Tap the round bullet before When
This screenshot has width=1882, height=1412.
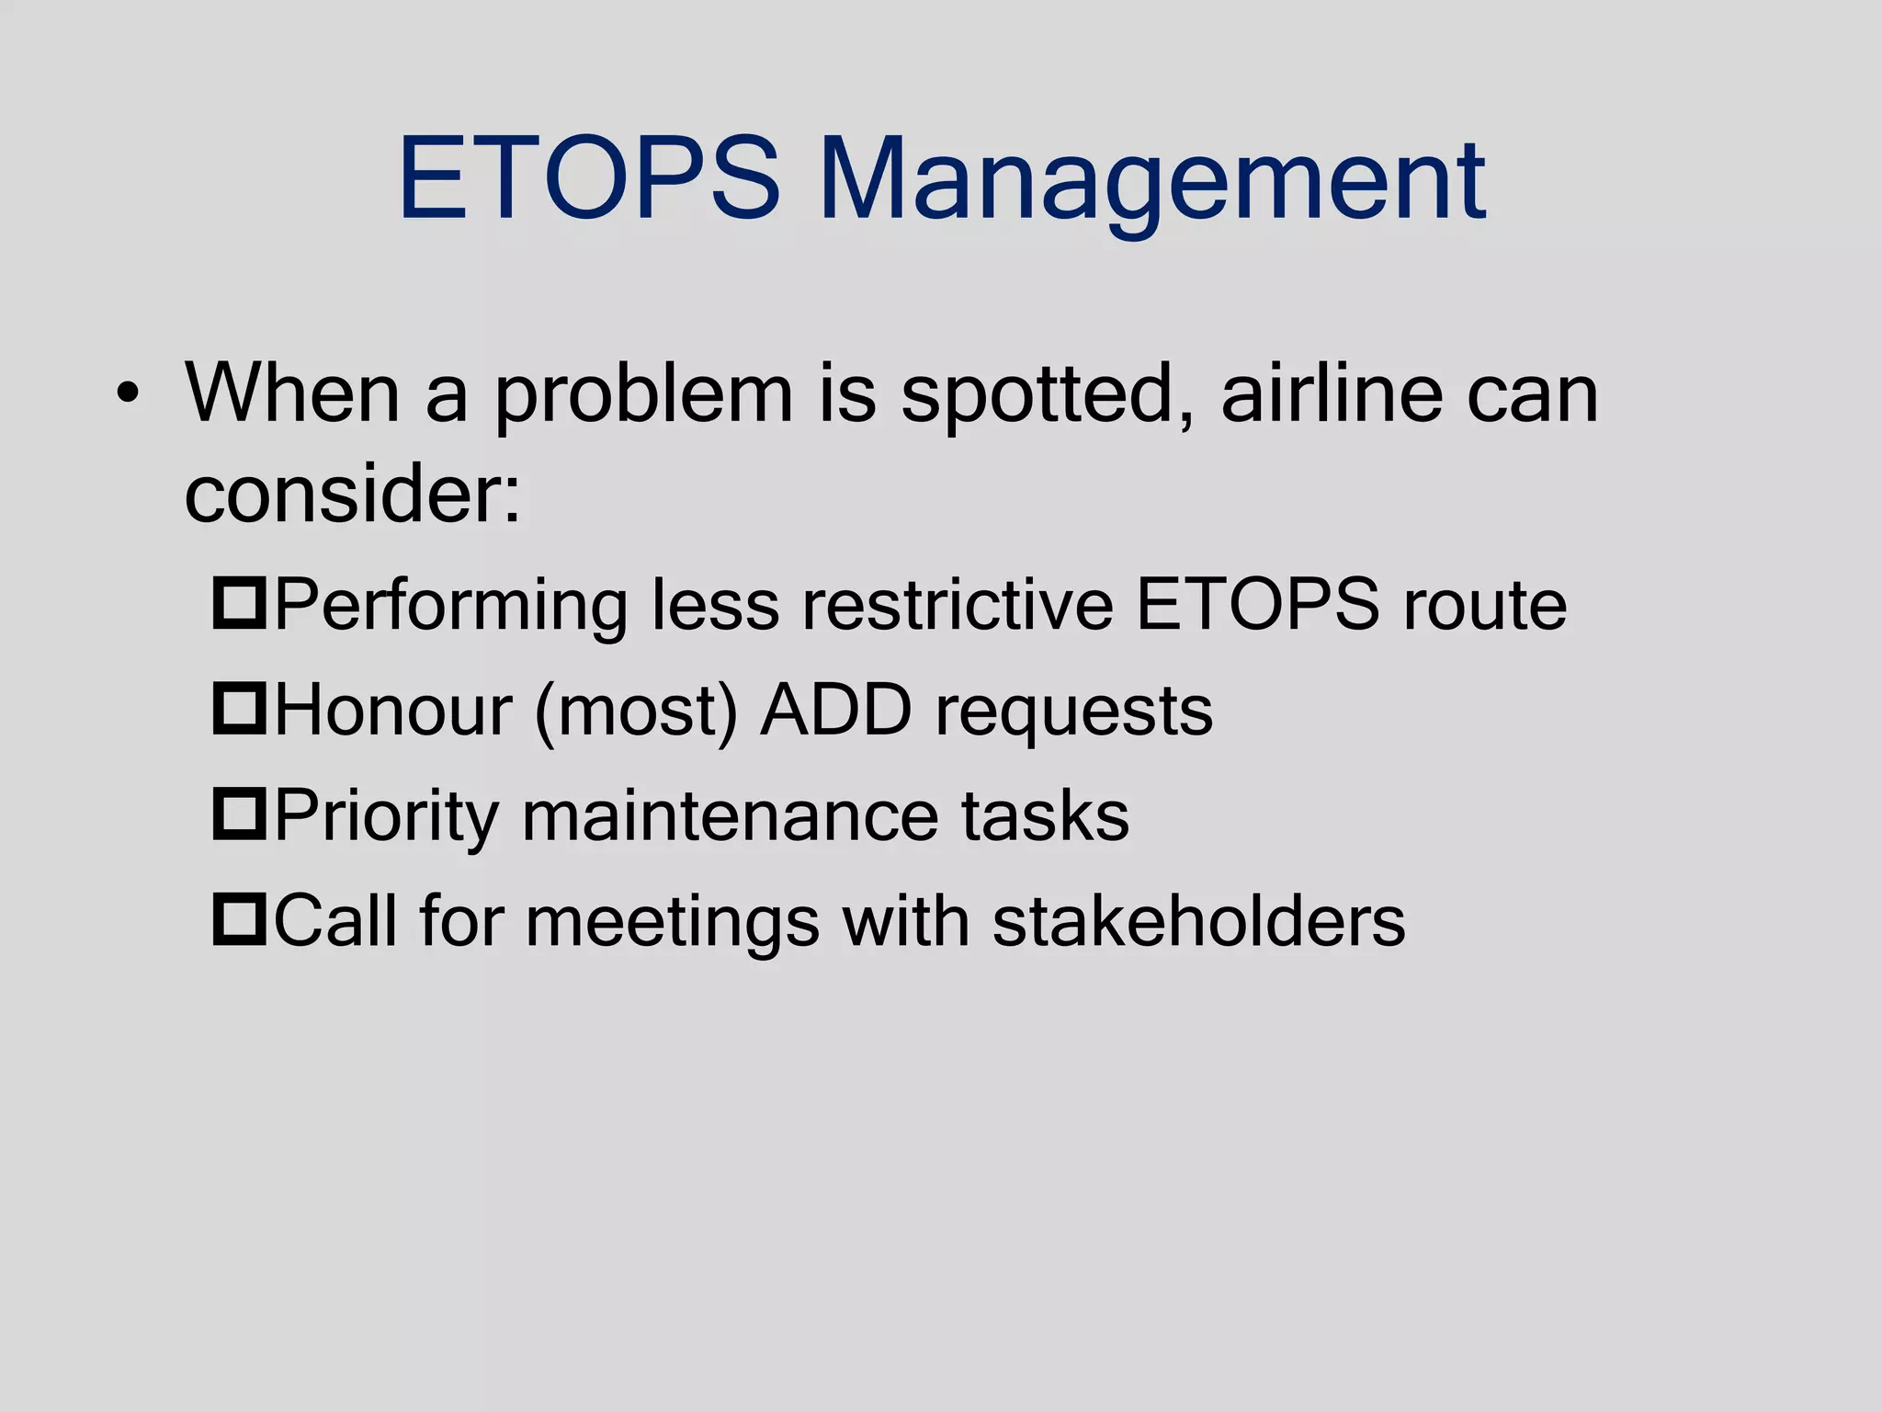pyautogui.click(x=128, y=395)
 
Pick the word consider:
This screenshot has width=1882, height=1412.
pyautogui.click(x=353, y=494)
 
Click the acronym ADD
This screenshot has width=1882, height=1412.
pyautogui.click(x=835, y=710)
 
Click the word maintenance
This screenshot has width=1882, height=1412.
pyautogui.click(x=730, y=816)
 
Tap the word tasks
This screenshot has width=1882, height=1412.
pyautogui.click(x=1045, y=816)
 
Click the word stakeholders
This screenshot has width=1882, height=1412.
pyautogui.click(x=1198, y=921)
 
